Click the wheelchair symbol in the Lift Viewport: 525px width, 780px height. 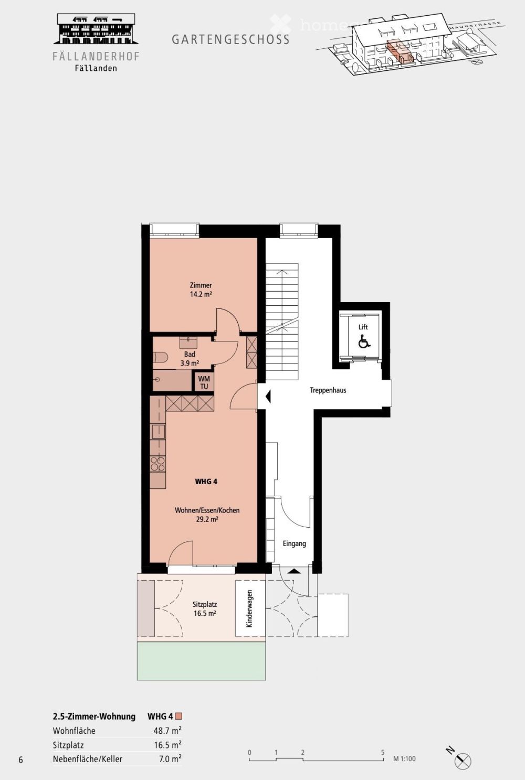364,342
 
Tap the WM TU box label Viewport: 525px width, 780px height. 204,382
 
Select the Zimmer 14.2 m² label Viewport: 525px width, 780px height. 201,290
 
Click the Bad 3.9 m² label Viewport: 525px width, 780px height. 190,359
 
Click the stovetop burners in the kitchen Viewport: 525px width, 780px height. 157,463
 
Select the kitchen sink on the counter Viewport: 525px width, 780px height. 157,432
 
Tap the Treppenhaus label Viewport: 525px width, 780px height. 328,390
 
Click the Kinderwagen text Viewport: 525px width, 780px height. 249,608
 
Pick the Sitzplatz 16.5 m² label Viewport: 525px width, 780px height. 204,608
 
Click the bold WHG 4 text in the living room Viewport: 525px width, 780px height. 206,482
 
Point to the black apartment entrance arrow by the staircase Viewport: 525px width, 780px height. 268,397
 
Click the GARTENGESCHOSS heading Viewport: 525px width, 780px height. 230,39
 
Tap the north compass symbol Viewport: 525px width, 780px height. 463,760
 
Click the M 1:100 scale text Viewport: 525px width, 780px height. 404,758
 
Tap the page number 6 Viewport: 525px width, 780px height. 21,760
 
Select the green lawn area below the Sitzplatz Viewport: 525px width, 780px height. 201,660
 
